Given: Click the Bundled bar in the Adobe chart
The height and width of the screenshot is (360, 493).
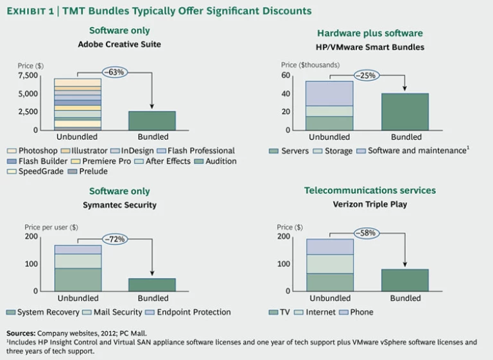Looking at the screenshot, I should point(153,121).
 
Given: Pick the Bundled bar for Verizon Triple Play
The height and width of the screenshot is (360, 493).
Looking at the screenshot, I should point(405,280).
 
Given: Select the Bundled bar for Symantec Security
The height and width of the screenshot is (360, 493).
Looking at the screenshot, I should point(153,284).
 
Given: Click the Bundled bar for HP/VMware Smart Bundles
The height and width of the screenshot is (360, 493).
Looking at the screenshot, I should point(405,112).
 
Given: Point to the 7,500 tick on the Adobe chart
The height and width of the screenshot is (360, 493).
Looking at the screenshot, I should point(28,75).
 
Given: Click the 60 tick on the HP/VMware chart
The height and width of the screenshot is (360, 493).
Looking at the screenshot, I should point(286,75).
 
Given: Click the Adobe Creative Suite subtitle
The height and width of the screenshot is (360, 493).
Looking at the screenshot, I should point(119,45).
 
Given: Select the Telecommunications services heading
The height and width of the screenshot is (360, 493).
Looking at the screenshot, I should point(370,191).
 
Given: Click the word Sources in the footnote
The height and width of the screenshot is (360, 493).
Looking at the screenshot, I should point(21,334).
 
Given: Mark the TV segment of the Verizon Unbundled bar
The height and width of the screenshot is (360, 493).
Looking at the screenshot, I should point(329,282).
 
